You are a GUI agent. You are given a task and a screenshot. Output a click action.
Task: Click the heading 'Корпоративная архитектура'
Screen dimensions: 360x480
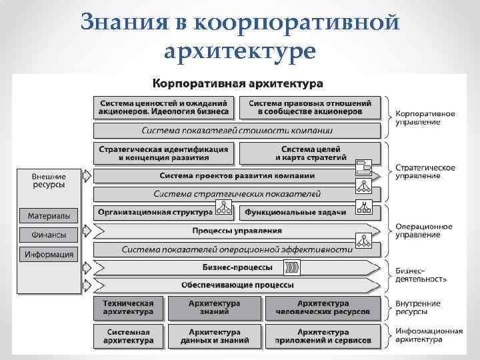click(238, 85)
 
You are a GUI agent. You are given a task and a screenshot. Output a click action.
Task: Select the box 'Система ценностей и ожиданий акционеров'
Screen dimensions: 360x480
click(164, 107)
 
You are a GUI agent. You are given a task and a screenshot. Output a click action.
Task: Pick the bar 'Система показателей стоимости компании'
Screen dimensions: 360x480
click(237, 130)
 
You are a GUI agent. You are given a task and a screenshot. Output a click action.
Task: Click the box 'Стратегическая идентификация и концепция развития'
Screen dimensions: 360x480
click(164, 153)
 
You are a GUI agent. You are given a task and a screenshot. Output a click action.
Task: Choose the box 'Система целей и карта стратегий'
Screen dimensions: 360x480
click(310, 153)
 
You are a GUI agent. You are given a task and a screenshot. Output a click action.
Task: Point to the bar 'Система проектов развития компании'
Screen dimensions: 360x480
click(237, 176)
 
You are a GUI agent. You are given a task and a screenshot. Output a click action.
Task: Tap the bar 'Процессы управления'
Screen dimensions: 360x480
click(237, 231)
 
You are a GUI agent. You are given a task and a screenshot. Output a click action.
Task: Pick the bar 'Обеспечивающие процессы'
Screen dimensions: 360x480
click(237, 285)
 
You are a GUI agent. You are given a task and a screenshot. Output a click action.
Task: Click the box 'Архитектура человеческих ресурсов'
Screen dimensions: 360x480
click(323, 307)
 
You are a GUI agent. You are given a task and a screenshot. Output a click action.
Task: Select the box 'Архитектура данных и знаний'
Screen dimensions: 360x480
click(214, 336)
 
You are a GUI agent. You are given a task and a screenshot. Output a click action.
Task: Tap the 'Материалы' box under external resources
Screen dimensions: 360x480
click(50, 215)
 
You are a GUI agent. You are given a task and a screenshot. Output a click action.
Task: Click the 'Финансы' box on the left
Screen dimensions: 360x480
click(50, 235)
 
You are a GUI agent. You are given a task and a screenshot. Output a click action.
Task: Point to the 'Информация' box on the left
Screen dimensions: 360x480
click(50, 254)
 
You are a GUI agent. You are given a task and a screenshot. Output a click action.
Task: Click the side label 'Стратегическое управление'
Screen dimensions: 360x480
click(425, 171)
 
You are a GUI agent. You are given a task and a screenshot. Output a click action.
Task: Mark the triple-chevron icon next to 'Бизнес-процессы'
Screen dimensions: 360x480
click(293, 267)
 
